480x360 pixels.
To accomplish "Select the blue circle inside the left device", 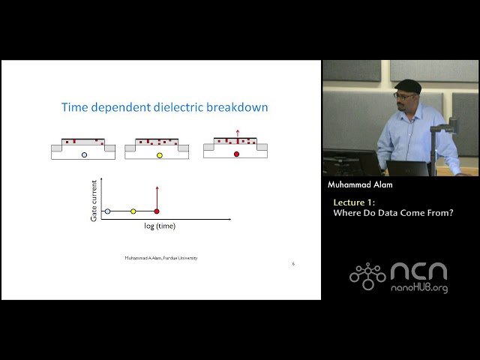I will click(84, 154).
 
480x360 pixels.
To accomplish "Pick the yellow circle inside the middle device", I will click(159, 155).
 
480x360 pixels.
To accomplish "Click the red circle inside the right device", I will click(236, 154).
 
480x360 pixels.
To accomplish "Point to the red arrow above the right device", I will click(238, 136).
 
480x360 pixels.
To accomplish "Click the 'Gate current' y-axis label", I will click(94, 199).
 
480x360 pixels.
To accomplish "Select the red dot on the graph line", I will click(156, 211).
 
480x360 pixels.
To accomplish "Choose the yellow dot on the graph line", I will click(133, 211).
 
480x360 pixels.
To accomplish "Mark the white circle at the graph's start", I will click(107, 211).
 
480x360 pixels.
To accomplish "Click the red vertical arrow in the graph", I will click(156, 196).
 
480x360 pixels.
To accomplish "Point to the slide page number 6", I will click(293, 264).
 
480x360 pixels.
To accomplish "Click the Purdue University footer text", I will click(161, 258).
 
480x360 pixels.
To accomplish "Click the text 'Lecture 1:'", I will click(355, 202).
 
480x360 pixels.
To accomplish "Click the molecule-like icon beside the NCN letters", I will click(367, 276).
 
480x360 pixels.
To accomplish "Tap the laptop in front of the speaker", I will click(407, 167).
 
